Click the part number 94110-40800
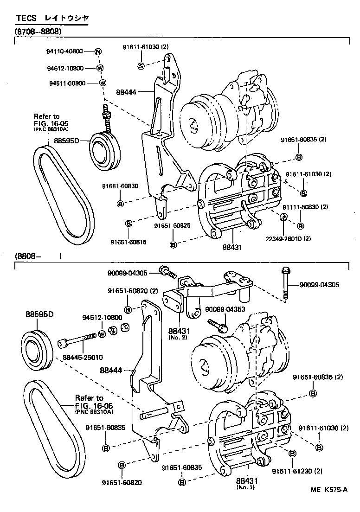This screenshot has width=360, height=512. pyautogui.click(x=64, y=51)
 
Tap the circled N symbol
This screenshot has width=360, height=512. pyautogui.click(x=98, y=51)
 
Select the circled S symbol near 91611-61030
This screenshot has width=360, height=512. pyautogui.click(x=141, y=66)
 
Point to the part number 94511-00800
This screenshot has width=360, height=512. pyautogui.click(x=64, y=83)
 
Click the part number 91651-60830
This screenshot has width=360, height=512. pyautogui.click(x=120, y=186)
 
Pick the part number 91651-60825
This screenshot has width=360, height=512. pyautogui.click(x=173, y=225)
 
